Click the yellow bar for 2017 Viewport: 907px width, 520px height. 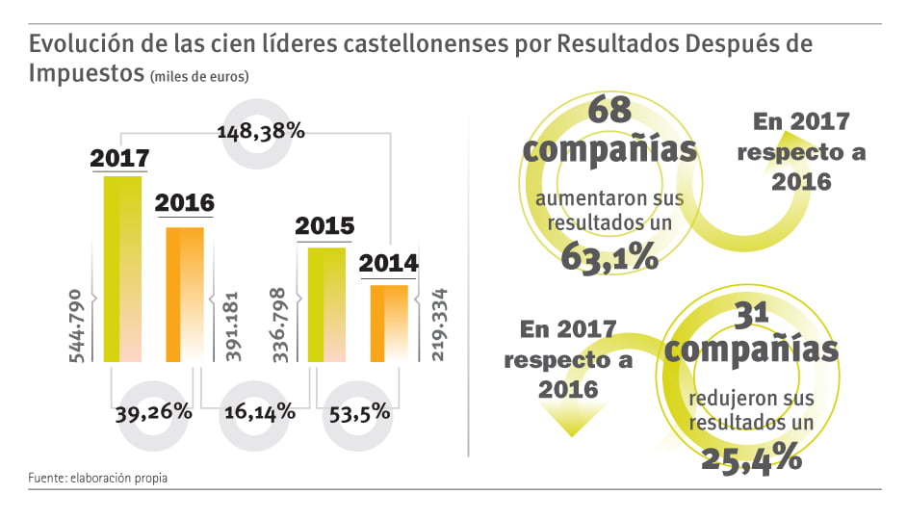[x=122, y=269]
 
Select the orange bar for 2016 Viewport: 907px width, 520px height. [x=185, y=294]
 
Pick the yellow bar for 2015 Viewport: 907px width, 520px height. [x=325, y=304]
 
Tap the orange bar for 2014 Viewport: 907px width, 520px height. [x=389, y=323]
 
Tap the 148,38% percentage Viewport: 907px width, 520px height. [x=261, y=131]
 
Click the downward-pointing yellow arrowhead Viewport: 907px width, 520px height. [x=572, y=420]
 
